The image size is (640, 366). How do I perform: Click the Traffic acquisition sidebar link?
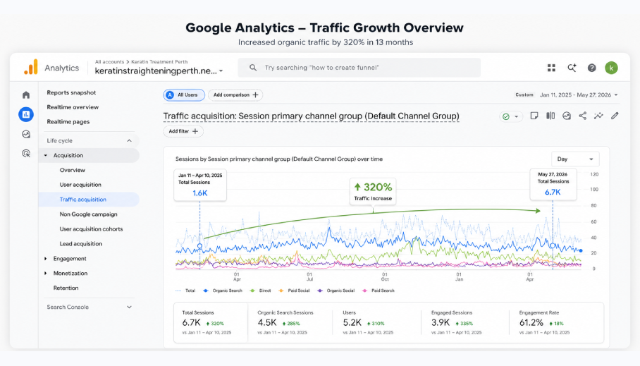coord(83,200)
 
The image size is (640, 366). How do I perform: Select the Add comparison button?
coord(235,94)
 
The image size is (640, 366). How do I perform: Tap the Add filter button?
coord(183,131)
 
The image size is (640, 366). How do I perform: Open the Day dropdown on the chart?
coord(575,159)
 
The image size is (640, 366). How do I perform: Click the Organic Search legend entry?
coord(223,291)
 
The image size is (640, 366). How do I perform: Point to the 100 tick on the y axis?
coord(594,190)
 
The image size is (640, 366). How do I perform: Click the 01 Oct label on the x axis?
coord(385,277)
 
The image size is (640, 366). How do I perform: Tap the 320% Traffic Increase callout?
coord(373,191)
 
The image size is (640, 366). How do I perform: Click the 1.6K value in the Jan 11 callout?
coord(200,193)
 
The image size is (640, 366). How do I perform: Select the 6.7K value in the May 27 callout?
coord(553,192)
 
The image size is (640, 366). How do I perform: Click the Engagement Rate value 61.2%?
coord(531,323)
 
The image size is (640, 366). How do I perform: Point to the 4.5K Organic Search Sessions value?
coord(267,323)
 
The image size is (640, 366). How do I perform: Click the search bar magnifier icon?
coord(253,68)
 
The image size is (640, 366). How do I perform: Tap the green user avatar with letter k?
coord(611,68)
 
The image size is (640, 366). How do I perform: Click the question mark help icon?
coord(591,68)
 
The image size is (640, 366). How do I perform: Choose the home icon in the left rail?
coord(26,95)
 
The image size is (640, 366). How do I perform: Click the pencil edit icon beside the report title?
coord(615,116)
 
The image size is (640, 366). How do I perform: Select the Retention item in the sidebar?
coord(66,288)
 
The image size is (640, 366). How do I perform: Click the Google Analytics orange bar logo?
coord(31,67)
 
